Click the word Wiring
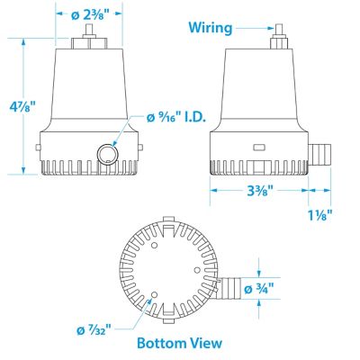tap(211, 26)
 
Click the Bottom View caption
tap(179, 343)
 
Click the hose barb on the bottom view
tap(233, 288)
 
